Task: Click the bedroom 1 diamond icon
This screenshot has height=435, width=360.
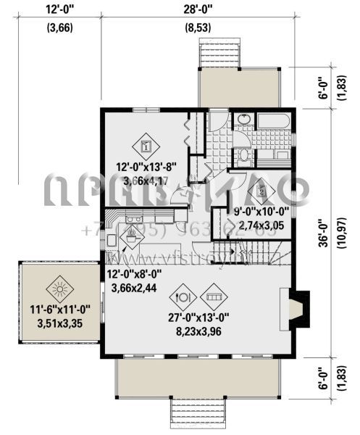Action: click(x=146, y=145)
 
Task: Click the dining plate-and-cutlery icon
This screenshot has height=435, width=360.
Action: click(x=185, y=296)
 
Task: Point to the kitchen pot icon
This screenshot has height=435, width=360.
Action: click(x=131, y=234)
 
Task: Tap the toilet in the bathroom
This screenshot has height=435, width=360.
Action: click(x=243, y=153)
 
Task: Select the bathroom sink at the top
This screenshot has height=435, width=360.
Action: click(x=242, y=120)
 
